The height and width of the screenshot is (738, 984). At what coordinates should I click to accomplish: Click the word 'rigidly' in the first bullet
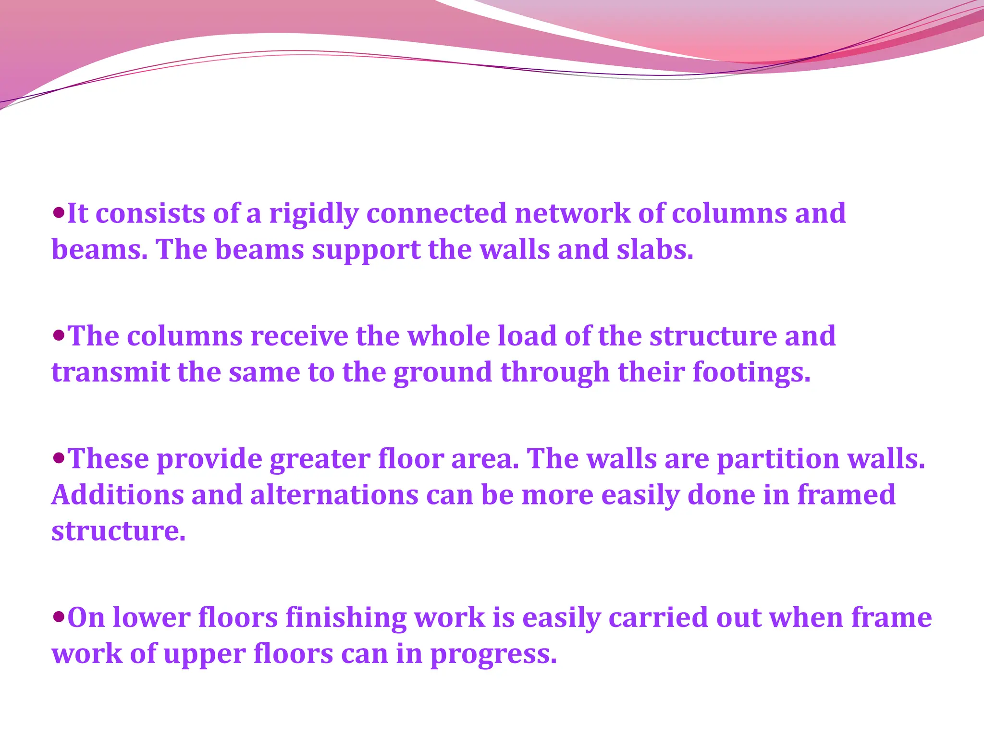(x=314, y=214)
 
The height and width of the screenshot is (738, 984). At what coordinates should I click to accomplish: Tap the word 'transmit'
(x=111, y=372)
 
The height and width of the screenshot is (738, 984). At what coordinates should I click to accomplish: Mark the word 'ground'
(x=443, y=373)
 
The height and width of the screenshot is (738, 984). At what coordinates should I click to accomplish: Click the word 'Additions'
(x=118, y=494)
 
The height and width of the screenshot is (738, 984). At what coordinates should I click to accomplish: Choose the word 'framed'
(x=846, y=494)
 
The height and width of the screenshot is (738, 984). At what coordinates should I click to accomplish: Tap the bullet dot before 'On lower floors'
(x=59, y=616)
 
